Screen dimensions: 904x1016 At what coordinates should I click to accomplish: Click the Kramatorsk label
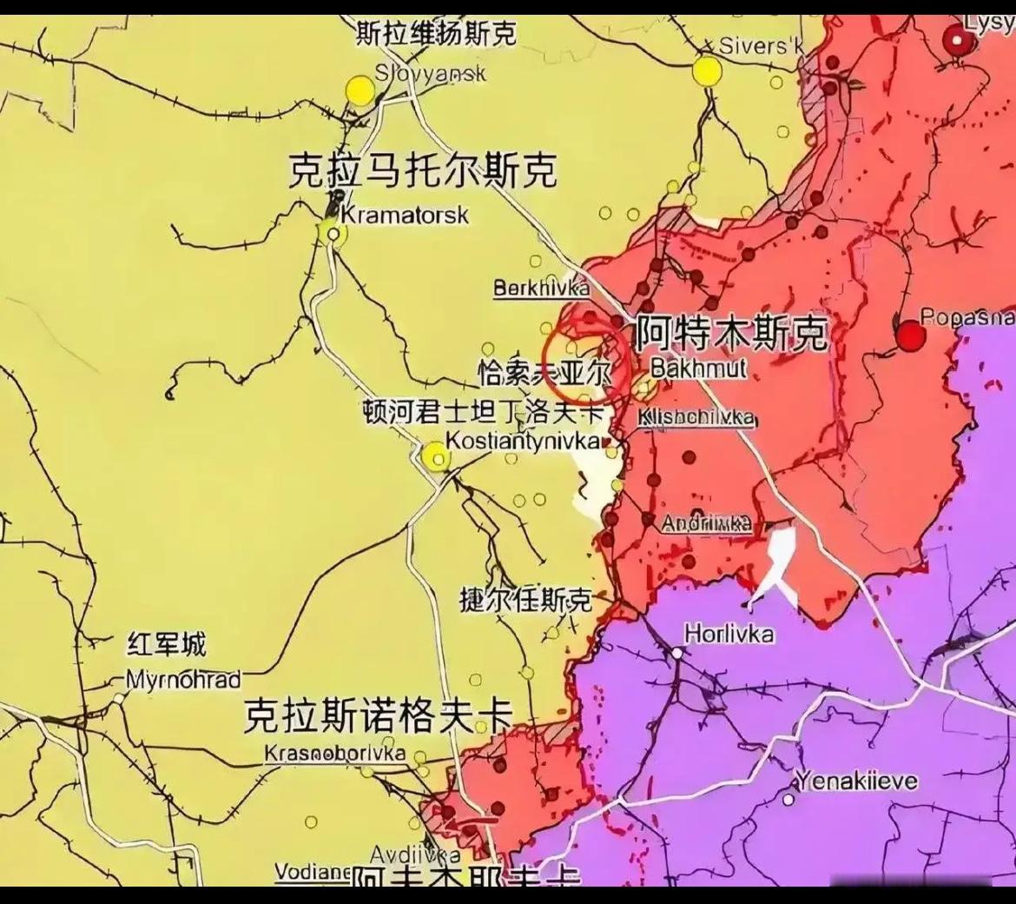click(404, 214)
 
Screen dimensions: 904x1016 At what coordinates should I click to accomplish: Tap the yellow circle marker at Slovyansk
click(360, 90)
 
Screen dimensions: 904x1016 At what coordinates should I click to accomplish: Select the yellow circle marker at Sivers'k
click(708, 71)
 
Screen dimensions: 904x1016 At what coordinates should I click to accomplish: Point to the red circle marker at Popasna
click(911, 336)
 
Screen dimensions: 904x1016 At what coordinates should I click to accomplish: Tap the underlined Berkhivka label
click(541, 288)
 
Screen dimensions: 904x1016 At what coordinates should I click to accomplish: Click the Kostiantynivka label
click(523, 441)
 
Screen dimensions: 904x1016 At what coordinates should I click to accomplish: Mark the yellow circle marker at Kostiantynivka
click(436, 455)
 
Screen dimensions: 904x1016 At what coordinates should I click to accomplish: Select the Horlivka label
click(729, 633)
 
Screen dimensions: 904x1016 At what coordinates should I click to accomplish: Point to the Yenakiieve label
click(856, 781)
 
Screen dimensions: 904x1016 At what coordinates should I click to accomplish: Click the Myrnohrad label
click(183, 679)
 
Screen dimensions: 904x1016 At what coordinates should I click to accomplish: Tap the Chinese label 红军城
click(167, 645)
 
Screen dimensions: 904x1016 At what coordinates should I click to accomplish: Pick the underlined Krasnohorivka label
click(335, 753)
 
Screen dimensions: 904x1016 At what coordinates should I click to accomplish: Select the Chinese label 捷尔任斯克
click(525, 599)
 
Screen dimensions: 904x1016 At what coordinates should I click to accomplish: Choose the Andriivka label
click(706, 523)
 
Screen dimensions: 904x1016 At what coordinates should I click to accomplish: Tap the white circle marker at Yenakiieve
click(788, 799)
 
